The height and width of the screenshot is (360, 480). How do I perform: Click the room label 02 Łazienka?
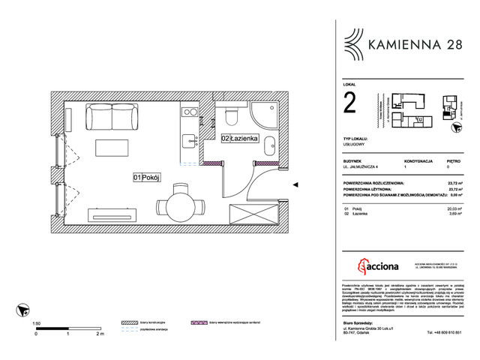tap(239, 138)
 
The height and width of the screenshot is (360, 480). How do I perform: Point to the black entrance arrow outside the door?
tap(295, 184)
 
